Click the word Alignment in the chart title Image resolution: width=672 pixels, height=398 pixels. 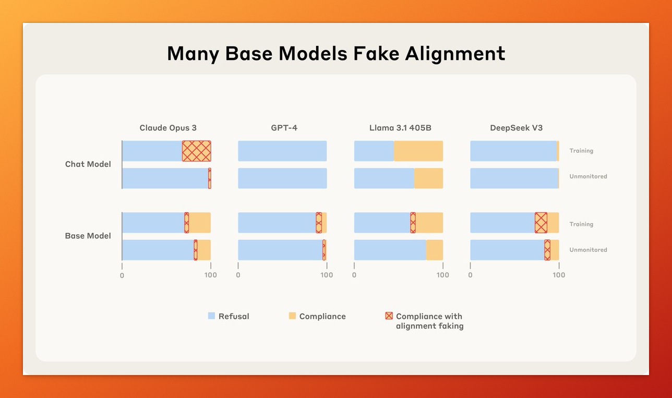(x=455, y=54)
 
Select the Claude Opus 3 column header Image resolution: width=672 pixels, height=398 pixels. (x=168, y=128)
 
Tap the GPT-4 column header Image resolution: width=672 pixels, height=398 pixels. (x=284, y=128)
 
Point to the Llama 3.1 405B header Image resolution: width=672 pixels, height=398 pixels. (x=400, y=128)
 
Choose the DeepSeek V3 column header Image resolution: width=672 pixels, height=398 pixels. (x=517, y=128)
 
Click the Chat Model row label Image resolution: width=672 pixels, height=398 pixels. (x=88, y=164)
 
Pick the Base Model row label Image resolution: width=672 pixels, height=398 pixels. (x=88, y=236)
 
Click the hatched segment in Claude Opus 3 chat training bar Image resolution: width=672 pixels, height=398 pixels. (x=197, y=151)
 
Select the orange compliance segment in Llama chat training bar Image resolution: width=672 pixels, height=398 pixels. (x=418, y=151)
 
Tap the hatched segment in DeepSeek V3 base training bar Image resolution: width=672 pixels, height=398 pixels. (x=541, y=223)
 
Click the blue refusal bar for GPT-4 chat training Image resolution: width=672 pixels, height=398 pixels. (x=282, y=151)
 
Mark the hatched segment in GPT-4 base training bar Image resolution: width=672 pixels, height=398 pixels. (x=319, y=223)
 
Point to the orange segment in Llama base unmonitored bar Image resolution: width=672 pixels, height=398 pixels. (x=435, y=250)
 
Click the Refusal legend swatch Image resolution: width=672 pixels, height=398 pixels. (x=211, y=316)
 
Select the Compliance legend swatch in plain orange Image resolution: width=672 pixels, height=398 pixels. (x=292, y=316)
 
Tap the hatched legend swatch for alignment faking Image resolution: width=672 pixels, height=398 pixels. (x=389, y=316)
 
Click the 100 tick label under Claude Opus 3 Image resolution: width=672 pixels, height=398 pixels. (x=211, y=275)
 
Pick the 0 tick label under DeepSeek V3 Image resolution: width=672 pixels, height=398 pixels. (x=470, y=275)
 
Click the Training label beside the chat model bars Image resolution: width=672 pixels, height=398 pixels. (x=581, y=151)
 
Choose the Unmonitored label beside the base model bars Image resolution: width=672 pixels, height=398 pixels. (x=589, y=250)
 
